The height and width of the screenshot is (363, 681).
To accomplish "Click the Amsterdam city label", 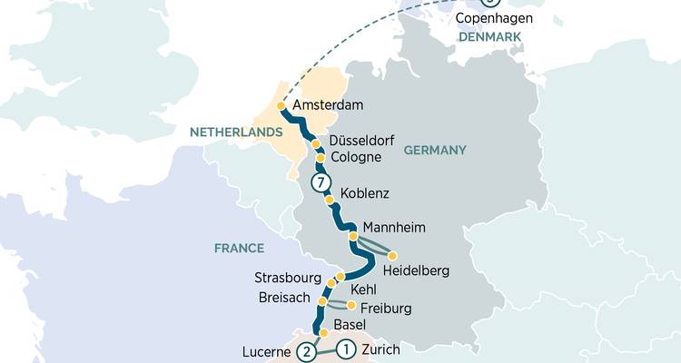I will pos(329,105).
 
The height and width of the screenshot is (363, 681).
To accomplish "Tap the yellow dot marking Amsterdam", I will pos(281,106).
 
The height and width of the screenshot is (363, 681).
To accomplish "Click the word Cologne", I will pos(357,157).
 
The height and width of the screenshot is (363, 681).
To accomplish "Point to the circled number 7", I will pos(319,182).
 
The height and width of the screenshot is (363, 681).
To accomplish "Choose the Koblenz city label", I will pos(367,193).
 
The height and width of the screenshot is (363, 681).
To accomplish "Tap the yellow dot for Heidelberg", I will pos(392,255).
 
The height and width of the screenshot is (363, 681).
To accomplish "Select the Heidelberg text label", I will pos(416,270).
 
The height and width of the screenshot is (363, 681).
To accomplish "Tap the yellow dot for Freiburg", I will pos(351,305).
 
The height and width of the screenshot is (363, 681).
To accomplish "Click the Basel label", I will pos(351,325).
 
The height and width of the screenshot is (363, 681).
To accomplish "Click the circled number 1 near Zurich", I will pos(345,348).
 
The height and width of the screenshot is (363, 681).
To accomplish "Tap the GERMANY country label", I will pos(434,150).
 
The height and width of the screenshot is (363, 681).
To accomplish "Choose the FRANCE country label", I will pos(239,248).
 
